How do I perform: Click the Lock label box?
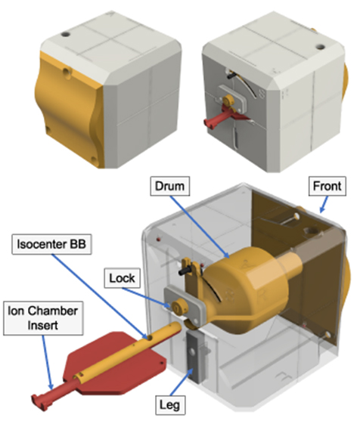click(x=123, y=278)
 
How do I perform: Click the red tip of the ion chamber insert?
click(x=39, y=398)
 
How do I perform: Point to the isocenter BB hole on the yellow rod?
click(x=151, y=335)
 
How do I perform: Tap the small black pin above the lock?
click(x=185, y=267)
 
